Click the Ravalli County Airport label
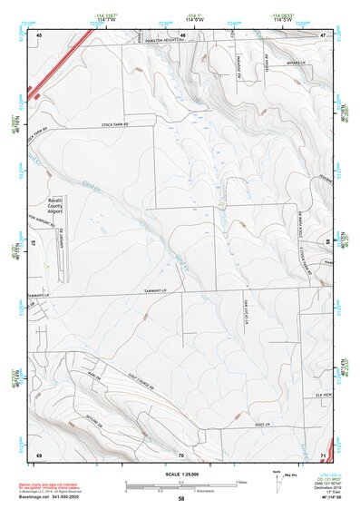point(63,210)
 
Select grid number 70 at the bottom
point(181,453)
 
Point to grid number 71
point(323,453)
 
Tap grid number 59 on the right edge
point(327,241)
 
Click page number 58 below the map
point(181,499)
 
